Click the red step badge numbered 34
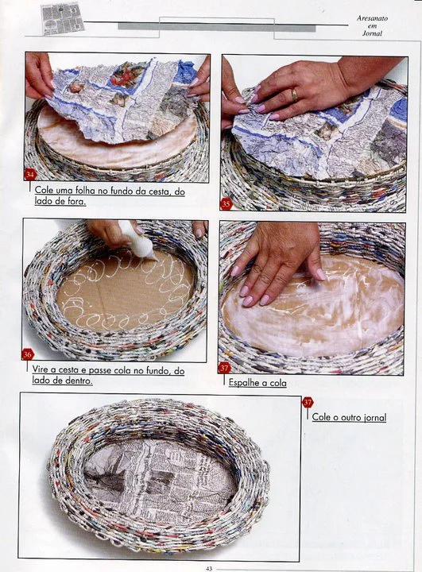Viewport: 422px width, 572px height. (30, 175)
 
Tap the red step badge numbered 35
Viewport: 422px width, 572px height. (226, 204)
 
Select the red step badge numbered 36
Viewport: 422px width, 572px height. (27, 354)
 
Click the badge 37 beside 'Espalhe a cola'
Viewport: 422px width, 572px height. (225, 368)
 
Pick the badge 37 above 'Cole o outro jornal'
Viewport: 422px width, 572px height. (308, 402)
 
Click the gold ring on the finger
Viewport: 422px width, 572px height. (294, 95)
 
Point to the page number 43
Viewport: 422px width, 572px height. (209, 568)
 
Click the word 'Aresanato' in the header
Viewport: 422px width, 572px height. (373, 18)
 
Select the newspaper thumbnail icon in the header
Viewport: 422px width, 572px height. (63, 18)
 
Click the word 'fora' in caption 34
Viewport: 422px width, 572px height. (76, 201)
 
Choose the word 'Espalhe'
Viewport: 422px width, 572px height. (242, 383)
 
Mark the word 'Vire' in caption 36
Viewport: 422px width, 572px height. (41, 369)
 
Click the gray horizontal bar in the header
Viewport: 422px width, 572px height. (216, 27)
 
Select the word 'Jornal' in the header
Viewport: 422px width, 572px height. (373, 33)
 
